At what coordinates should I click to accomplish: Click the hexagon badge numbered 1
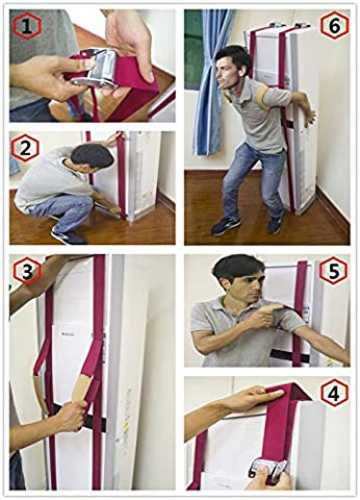(x=27, y=26)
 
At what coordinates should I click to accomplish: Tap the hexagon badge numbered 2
(x=25, y=148)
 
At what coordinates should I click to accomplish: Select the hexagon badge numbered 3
(x=28, y=270)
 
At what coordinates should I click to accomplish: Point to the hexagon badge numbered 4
(x=335, y=393)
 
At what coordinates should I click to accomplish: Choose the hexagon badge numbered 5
(x=334, y=271)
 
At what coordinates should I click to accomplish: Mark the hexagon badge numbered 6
(x=335, y=26)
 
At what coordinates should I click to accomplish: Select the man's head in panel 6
(x=231, y=67)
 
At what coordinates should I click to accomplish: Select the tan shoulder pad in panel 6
(x=269, y=97)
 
